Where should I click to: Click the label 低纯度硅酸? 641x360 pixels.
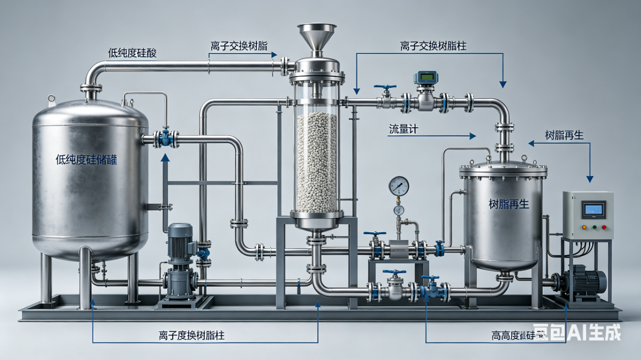(x=132, y=53)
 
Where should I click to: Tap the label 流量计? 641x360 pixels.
(x=403, y=129)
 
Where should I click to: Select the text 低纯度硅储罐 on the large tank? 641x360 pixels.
(x=87, y=160)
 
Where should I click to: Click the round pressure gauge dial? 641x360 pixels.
(x=399, y=186)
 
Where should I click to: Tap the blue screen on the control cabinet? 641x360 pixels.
(x=593, y=209)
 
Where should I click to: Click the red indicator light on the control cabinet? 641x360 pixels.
(x=603, y=227)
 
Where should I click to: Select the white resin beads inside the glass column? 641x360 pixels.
(x=316, y=160)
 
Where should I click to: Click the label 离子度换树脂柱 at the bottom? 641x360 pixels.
(x=191, y=335)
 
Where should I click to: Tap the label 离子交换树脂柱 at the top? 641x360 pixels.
(x=433, y=46)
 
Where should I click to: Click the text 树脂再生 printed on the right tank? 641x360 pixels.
(x=509, y=204)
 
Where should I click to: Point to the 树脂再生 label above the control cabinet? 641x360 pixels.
(x=564, y=135)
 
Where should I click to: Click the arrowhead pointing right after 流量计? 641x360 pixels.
(x=473, y=135)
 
